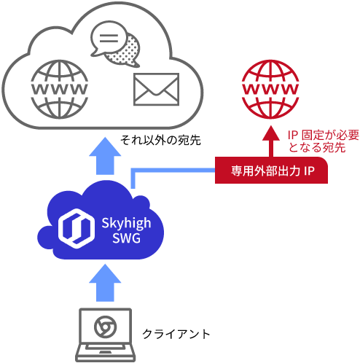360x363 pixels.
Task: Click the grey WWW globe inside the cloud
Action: point(60,89)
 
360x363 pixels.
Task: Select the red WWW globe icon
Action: point(270,89)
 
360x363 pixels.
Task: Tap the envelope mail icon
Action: point(156,89)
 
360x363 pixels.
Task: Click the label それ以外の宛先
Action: point(160,140)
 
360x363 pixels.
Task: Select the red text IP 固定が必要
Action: point(324,135)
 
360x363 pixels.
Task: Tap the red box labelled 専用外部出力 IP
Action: point(271,170)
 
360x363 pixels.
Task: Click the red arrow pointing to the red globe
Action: point(271,141)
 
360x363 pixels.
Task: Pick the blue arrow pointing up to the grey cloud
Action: point(105,156)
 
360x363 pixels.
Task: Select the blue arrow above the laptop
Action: point(105,283)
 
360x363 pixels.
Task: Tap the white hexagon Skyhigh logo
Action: point(77,228)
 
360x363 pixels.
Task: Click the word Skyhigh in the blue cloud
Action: point(126,224)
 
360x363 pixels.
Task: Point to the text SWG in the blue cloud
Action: point(127,238)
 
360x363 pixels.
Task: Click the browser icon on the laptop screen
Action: point(105,327)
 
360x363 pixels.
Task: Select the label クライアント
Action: point(176,334)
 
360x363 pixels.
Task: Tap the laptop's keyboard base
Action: point(105,353)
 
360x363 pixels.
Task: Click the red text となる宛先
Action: point(317,147)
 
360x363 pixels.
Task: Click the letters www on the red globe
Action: point(270,89)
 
